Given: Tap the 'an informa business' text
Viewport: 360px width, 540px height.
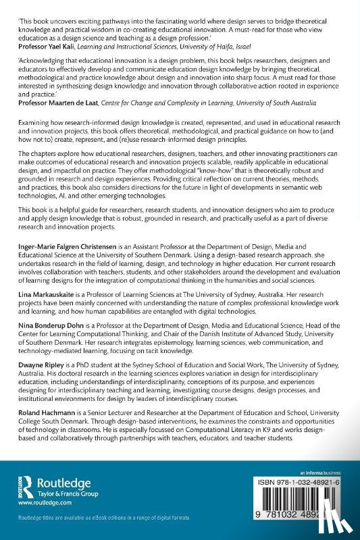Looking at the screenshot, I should tap(322, 472).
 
